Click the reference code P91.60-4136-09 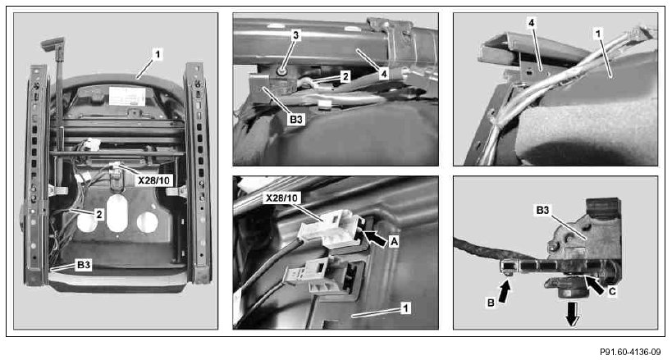630,352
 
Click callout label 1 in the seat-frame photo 158,55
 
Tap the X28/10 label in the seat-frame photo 154,180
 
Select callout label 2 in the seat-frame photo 99,214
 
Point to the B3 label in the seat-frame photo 84,265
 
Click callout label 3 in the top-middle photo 295,35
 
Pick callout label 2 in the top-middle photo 345,76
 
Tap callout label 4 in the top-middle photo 384,75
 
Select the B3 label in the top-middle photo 295,119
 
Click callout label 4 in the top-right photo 531,24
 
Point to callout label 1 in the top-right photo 598,34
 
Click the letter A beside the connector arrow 394,242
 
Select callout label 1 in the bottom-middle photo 406,308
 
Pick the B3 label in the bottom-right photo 542,211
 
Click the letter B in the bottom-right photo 491,303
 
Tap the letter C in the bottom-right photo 612,292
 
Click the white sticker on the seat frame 127,96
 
